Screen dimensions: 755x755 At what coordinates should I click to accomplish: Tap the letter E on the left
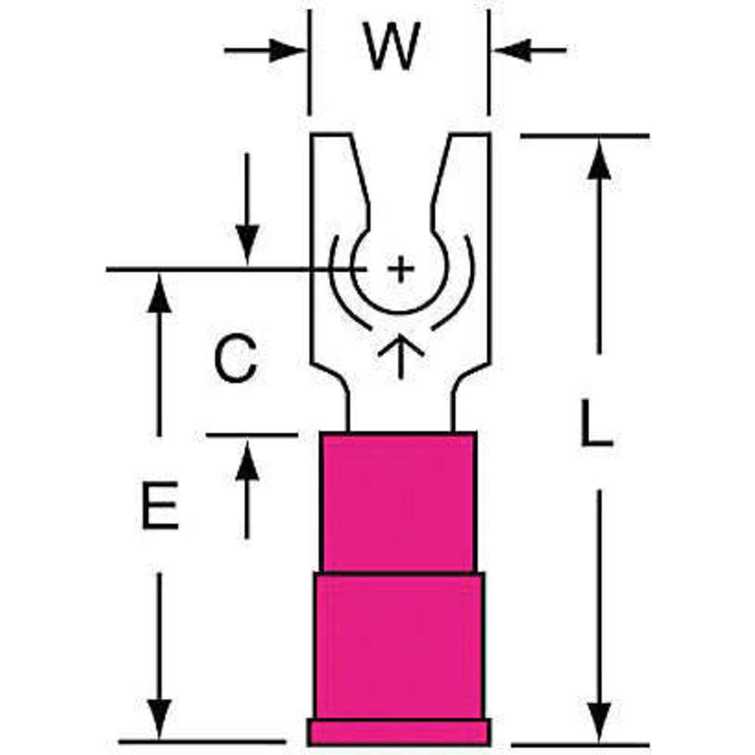pos(160,504)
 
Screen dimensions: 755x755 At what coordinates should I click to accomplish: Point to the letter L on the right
pos(596,424)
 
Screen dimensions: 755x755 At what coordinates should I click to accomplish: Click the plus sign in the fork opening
pos(401,270)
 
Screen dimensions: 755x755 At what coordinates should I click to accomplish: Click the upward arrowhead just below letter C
pos(247,462)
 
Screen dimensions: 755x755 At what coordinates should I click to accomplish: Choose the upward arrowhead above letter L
pos(599,160)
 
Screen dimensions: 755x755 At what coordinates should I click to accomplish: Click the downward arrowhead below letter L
pos(599,721)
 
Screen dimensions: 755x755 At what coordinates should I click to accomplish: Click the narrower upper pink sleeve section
pos(398,502)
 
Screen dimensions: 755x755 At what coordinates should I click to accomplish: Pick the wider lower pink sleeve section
pos(398,646)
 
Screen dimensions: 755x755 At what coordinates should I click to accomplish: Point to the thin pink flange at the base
pos(399,732)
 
